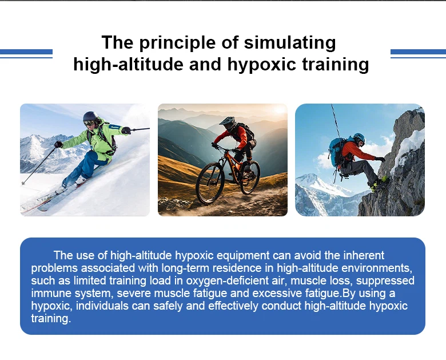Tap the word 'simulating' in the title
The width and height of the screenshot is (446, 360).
pos(290,43)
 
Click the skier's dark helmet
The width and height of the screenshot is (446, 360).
pos(90,117)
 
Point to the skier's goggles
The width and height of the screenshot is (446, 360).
pos(89,123)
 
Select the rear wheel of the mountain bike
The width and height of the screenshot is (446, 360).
pos(250,177)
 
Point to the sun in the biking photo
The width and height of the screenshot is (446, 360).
pos(280,110)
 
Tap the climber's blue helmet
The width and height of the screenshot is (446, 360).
pos(360,137)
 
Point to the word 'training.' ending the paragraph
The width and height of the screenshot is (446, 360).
pos(51,318)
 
